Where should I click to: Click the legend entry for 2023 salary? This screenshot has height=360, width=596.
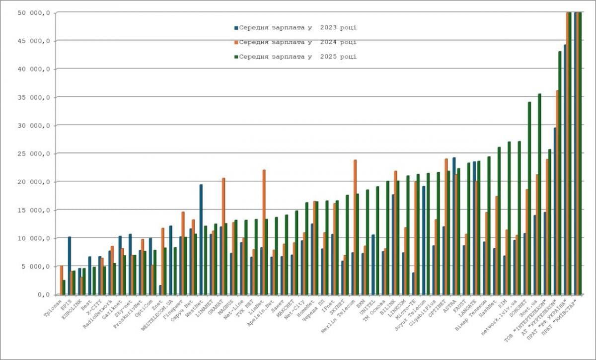(x=296, y=27)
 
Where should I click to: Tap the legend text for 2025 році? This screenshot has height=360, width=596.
(x=298, y=57)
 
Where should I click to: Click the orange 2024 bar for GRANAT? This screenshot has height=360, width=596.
(x=223, y=236)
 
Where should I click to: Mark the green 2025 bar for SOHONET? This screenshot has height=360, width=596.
(x=529, y=198)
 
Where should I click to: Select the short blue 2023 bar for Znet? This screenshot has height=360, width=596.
(x=160, y=289)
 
